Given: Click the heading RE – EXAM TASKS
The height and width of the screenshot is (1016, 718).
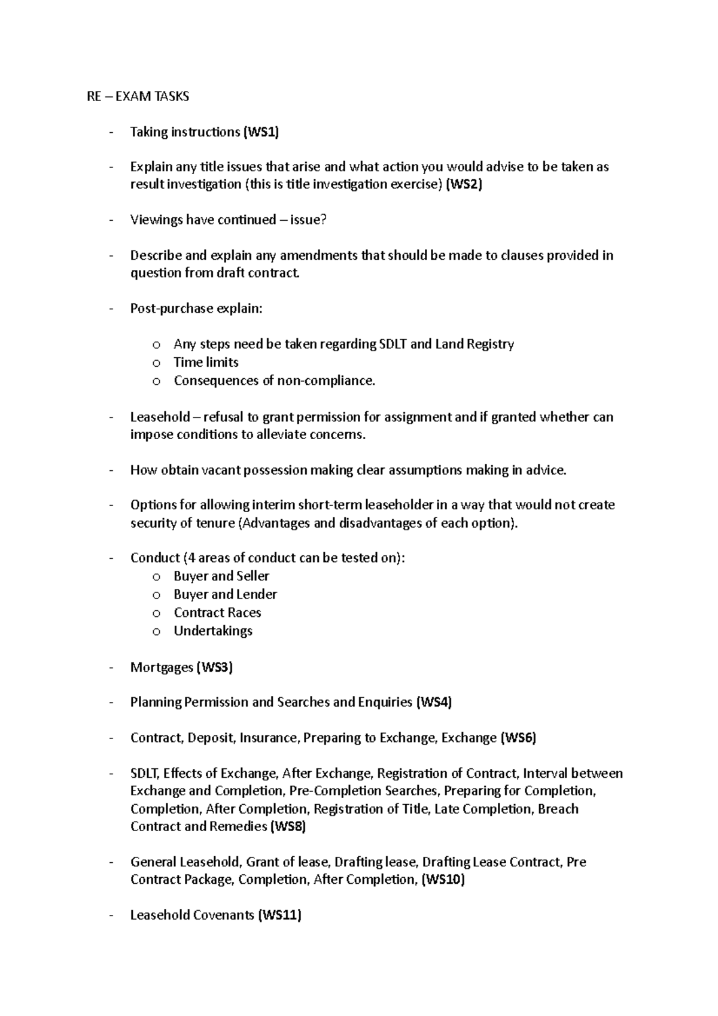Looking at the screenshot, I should (x=138, y=96).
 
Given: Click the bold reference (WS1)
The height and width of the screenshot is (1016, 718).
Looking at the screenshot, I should (x=260, y=132).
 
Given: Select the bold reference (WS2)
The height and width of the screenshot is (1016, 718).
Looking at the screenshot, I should (x=464, y=184).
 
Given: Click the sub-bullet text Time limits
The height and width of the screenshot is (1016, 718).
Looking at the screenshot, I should (x=206, y=363).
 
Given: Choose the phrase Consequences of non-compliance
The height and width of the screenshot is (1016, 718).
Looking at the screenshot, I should (x=274, y=381).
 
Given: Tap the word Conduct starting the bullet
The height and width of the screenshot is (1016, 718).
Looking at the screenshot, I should (x=155, y=558).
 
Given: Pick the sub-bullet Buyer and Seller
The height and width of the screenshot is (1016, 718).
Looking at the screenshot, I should (x=221, y=576).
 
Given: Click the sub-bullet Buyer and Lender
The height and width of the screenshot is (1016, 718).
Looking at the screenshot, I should (x=225, y=595).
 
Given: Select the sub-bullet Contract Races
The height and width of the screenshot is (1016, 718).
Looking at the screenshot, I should (x=217, y=613).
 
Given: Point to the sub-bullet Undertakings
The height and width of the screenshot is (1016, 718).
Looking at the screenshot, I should (x=213, y=631).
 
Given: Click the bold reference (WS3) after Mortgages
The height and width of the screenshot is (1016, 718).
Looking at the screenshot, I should (x=214, y=667).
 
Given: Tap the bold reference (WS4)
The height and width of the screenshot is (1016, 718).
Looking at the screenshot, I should (x=433, y=702).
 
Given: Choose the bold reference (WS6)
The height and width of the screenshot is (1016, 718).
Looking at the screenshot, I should (x=518, y=738).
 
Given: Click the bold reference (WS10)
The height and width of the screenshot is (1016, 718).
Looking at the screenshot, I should (x=443, y=880).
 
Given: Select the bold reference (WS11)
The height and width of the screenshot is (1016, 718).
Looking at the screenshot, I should (x=279, y=915).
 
